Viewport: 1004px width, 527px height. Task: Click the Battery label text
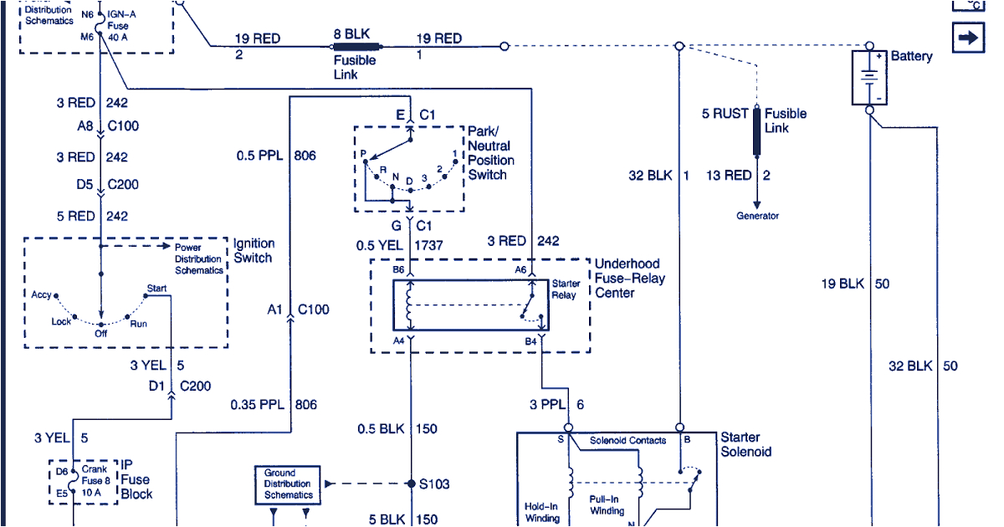coord(911,56)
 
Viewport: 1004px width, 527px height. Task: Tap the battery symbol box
coord(869,77)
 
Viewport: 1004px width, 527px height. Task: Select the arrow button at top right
coord(968,38)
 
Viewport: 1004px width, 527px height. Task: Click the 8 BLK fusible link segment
coord(357,47)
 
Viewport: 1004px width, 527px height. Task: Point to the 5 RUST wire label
coord(725,114)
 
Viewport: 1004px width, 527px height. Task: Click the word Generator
coord(757,216)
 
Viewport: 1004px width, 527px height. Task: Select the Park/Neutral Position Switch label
coord(491,153)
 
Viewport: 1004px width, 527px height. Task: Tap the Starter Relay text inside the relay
coord(566,289)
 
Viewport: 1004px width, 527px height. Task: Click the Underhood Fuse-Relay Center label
coord(627,278)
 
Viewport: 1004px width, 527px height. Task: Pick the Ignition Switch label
coord(253,251)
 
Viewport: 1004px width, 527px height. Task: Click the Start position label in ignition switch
coord(156,289)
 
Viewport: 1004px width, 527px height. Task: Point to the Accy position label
coord(42,295)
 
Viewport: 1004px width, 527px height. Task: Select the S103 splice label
coord(435,484)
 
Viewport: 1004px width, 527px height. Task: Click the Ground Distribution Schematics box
coord(288,484)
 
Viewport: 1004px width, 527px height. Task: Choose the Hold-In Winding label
coord(543,512)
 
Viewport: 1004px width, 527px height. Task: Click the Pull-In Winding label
coord(607,505)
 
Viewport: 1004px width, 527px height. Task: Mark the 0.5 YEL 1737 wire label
coord(400,246)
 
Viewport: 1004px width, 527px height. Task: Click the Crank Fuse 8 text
coord(94,475)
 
